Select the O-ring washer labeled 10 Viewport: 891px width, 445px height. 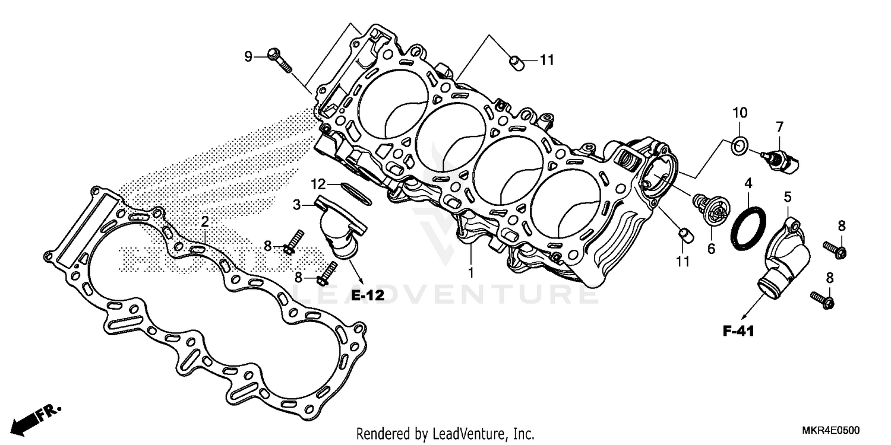(739, 145)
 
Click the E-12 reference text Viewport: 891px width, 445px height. (366, 295)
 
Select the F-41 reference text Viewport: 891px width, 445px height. (738, 332)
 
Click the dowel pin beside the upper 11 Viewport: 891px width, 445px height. (515, 62)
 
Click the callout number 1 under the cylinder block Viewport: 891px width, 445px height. (471, 273)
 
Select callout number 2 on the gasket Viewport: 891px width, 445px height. (204, 222)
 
